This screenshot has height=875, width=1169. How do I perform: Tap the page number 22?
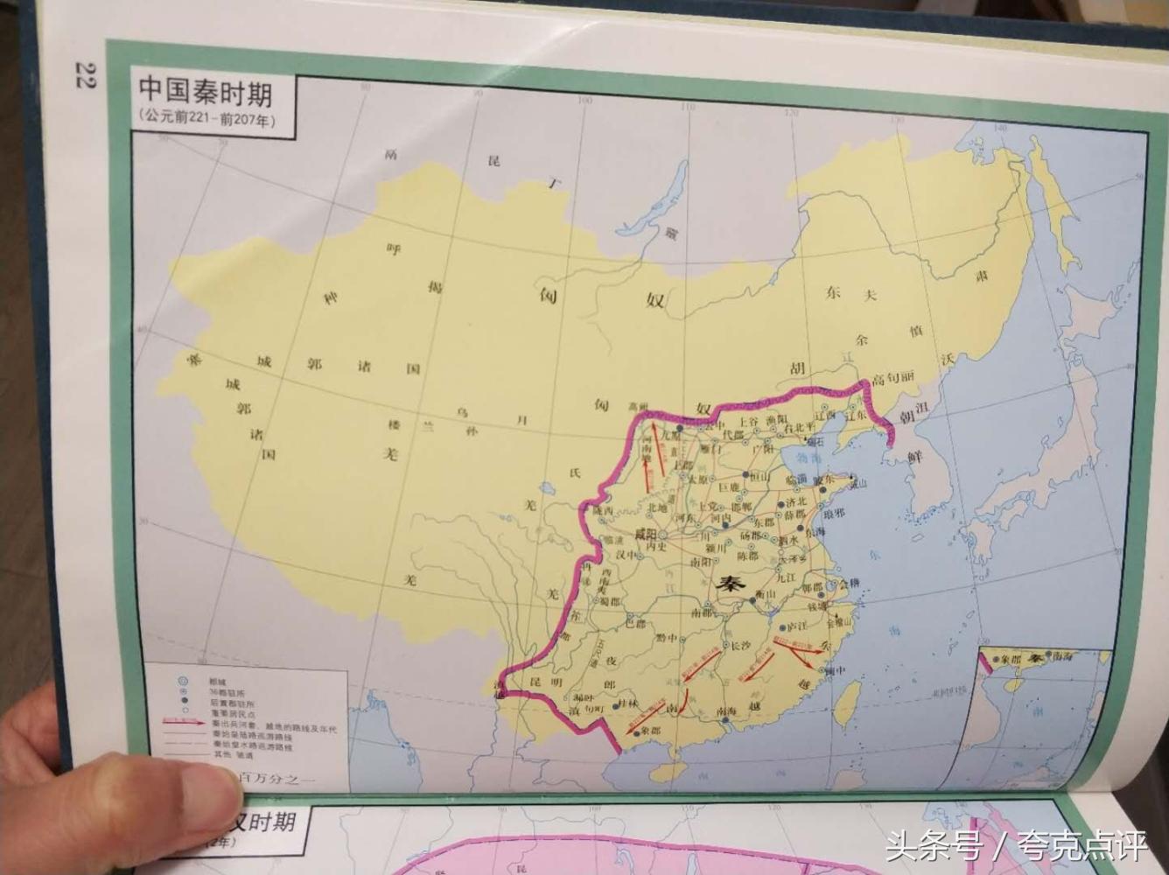pos(86,75)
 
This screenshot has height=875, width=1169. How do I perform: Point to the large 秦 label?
pos(728,584)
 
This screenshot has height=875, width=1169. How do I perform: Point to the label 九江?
pos(785,577)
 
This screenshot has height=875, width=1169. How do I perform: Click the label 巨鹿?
pos(730,486)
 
